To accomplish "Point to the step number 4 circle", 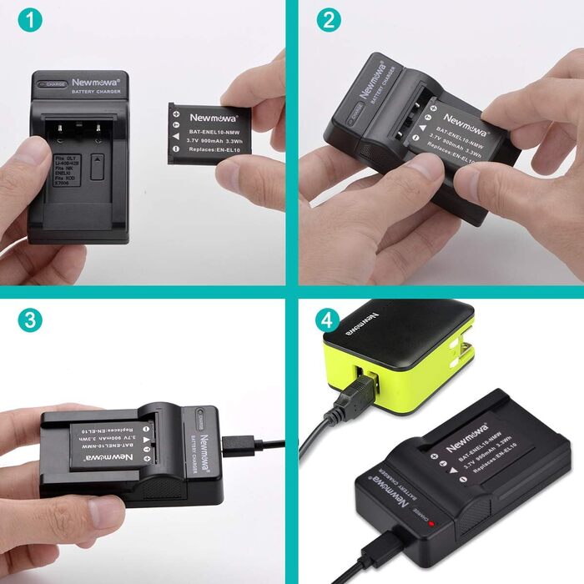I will click(327, 319).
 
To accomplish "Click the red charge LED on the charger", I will click(424, 516).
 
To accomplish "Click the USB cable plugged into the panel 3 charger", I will click(250, 441).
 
